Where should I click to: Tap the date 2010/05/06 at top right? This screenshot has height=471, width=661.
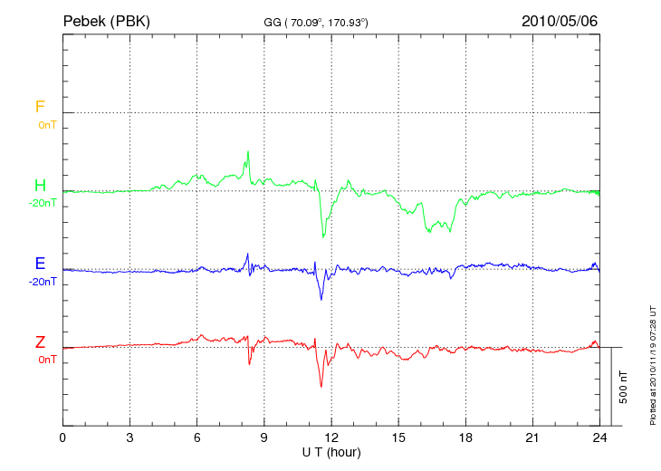click(x=560, y=20)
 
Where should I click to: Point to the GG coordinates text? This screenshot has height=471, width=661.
click(x=315, y=21)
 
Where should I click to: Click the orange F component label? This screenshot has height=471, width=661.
click(x=40, y=107)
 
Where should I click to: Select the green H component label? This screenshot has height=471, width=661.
click(x=40, y=186)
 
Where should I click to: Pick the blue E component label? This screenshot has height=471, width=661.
click(x=40, y=264)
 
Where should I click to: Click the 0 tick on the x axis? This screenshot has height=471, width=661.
click(x=62, y=437)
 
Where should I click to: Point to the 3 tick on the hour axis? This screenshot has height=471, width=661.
click(x=129, y=437)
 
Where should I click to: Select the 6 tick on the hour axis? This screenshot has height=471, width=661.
click(x=196, y=437)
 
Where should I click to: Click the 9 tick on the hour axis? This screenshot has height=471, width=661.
click(x=264, y=437)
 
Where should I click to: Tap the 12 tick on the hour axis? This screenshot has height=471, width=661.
click(x=331, y=437)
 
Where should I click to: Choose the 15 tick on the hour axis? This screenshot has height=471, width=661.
click(x=398, y=437)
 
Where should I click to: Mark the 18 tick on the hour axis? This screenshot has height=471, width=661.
click(x=465, y=437)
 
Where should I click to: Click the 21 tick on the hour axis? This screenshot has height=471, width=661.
click(x=532, y=437)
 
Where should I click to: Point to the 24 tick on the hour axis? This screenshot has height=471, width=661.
click(x=599, y=437)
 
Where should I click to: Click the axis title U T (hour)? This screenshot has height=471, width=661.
click(x=331, y=452)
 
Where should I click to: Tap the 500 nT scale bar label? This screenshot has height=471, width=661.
click(x=623, y=387)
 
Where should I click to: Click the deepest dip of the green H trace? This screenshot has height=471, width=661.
click(x=323, y=237)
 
